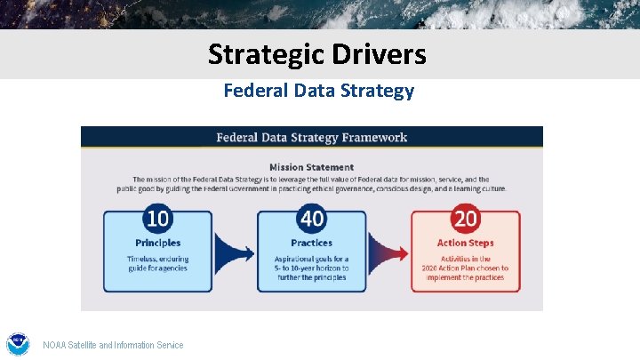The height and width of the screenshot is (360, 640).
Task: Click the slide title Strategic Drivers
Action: point(317,54)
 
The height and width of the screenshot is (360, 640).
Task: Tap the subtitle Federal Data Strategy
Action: point(318,91)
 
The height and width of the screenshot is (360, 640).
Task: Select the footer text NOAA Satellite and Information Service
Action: point(113,345)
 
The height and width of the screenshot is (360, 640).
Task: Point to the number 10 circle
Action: point(157,218)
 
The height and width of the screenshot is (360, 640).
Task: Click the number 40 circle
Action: point(311,218)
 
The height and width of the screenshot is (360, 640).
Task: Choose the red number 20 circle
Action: point(465,218)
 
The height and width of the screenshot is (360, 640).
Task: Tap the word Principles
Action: point(157,243)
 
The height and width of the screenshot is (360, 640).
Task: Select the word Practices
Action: point(311,243)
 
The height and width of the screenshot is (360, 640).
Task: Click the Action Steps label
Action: point(465,243)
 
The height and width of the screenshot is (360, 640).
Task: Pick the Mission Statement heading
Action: point(311,166)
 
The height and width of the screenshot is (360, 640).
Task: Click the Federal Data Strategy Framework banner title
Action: point(311,138)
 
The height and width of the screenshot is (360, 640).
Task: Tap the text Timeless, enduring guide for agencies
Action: point(157,263)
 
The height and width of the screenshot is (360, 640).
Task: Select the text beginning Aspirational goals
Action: point(311,268)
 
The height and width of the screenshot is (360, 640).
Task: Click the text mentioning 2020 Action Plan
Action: point(465,268)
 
